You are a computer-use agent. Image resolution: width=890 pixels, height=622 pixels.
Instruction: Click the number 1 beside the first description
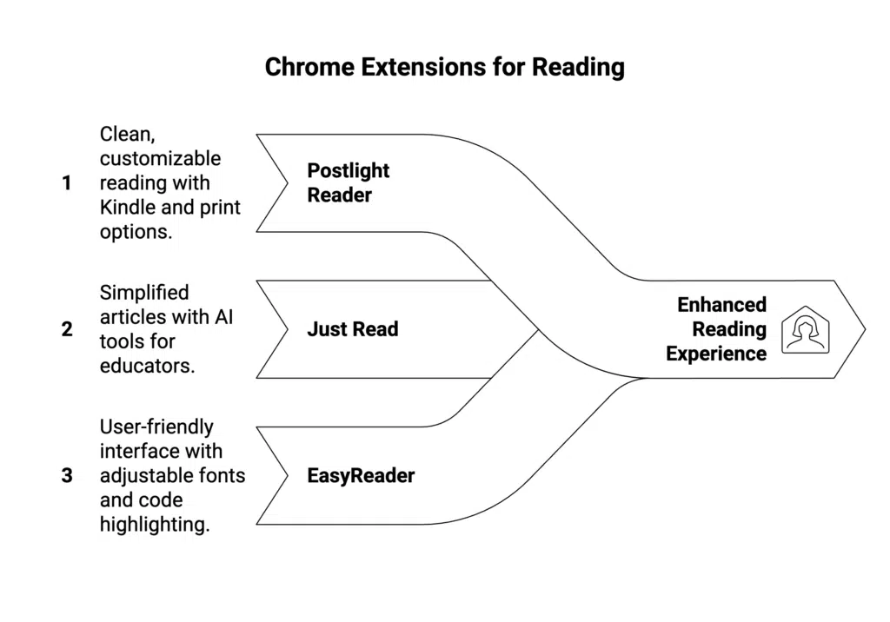(67, 183)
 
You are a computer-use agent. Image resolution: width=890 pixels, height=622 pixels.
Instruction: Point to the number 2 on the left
(67, 329)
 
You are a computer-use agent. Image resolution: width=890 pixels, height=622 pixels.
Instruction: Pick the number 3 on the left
(67, 475)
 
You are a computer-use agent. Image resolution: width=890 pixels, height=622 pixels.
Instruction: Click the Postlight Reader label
(349, 182)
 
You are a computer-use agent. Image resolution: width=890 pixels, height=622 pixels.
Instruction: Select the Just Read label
(352, 329)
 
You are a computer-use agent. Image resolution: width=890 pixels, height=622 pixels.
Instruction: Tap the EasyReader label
(361, 475)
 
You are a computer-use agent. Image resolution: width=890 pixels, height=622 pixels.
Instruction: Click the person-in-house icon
(805, 330)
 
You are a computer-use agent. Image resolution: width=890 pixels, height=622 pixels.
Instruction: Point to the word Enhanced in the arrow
(721, 305)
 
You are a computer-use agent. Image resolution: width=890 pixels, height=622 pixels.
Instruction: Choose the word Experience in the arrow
(716, 354)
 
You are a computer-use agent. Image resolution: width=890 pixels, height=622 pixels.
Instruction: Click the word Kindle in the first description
(127, 208)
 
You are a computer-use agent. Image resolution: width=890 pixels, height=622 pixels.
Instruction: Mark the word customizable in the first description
(160, 159)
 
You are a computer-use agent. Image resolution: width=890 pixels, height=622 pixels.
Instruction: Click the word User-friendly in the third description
(156, 427)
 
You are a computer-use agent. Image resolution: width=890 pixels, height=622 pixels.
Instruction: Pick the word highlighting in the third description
(155, 525)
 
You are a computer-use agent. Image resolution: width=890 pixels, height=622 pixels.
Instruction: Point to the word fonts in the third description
(222, 475)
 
